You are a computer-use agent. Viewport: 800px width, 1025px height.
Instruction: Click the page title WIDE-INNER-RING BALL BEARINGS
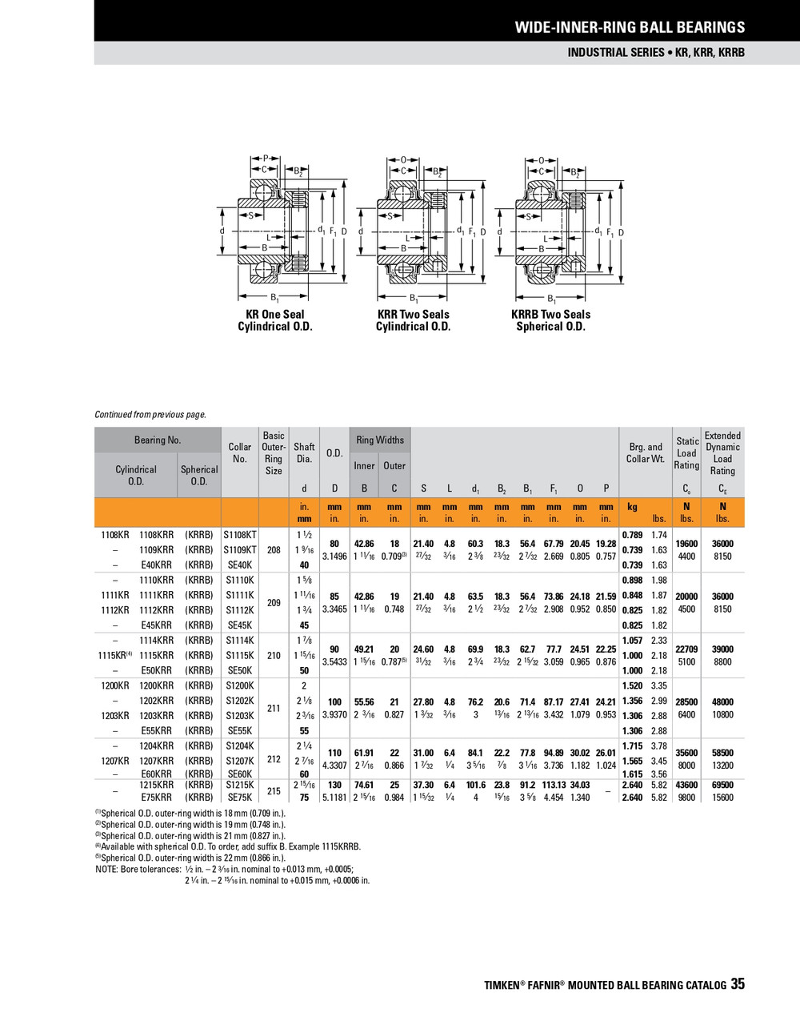(629, 27)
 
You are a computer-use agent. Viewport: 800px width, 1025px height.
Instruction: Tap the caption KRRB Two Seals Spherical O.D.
(550, 320)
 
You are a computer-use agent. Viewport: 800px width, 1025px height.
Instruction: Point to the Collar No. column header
(239, 453)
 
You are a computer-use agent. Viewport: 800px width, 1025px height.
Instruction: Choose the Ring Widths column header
(380, 440)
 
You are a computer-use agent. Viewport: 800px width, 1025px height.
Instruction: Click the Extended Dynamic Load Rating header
(722, 453)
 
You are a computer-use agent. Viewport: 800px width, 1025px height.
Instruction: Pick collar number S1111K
(239, 595)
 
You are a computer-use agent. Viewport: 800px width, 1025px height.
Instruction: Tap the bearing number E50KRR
(156, 670)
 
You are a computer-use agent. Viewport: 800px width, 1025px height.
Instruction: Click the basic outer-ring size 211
(274, 708)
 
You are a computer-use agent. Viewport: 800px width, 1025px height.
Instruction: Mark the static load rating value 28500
(686, 702)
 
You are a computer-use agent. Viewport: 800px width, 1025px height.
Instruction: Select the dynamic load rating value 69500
(722, 786)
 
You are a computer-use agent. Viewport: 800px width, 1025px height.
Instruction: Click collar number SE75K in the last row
(239, 798)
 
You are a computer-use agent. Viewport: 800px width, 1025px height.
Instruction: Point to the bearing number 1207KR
(113, 761)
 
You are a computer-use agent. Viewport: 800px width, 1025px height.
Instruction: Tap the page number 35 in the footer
(737, 984)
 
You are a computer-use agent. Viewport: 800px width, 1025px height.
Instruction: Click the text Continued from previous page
(150, 415)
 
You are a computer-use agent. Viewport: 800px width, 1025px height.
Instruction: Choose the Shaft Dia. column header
(304, 453)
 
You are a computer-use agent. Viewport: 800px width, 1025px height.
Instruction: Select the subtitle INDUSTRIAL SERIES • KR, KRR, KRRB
(655, 53)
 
